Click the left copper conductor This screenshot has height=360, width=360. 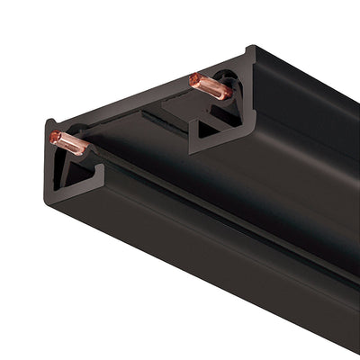coord(69,142)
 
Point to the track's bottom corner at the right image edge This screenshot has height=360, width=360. coord(356,347)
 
